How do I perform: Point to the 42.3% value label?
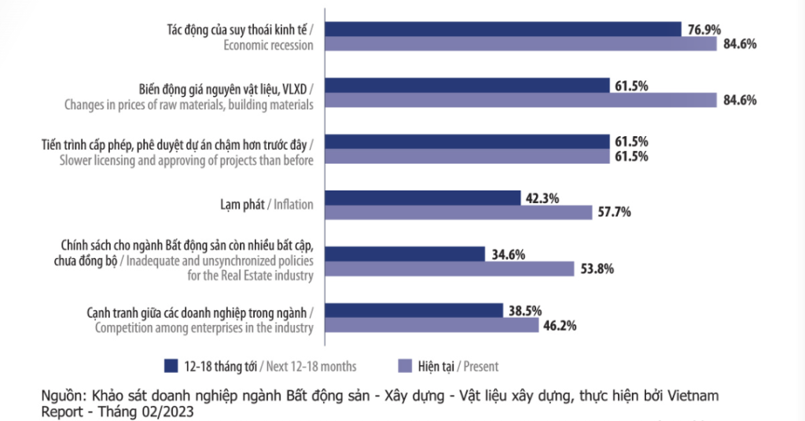(542, 198)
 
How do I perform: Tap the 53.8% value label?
(597, 268)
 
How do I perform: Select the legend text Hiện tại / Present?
(458, 366)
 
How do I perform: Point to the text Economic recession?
(268, 45)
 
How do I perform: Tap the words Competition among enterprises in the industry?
(204, 328)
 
